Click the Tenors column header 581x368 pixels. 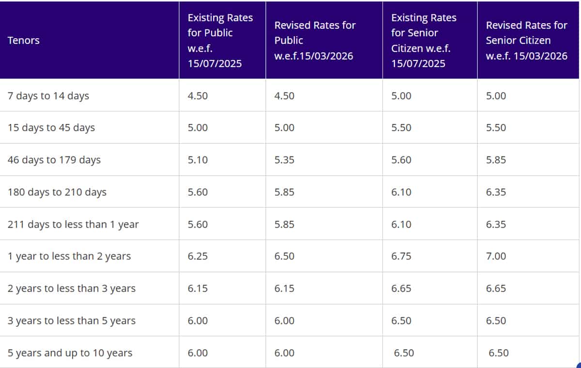tap(23, 40)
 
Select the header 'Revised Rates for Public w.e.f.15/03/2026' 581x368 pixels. tap(315, 40)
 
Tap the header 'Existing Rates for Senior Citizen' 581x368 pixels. tap(424, 40)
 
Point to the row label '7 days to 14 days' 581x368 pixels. tap(48, 96)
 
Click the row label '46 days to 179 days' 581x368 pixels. tap(54, 160)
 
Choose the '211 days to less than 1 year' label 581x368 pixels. tap(73, 224)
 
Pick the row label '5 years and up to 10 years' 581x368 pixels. tap(70, 353)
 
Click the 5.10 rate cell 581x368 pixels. tap(198, 160)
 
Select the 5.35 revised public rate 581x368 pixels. tap(284, 160)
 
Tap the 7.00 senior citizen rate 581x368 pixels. tap(496, 256)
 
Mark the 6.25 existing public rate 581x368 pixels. tap(198, 256)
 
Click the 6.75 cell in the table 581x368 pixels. tap(401, 256)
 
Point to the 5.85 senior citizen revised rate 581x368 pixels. tap(496, 160)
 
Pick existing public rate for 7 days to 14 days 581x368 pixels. tap(198, 96)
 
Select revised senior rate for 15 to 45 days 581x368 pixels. tap(496, 128)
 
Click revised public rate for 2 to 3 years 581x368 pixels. tap(284, 289)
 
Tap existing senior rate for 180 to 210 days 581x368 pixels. tap(401, 192)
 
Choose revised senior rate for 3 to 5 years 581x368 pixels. tap(496, 321)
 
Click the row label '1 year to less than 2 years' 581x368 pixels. tap(69, 256)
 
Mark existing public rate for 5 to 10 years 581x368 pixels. tap(198, 353)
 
